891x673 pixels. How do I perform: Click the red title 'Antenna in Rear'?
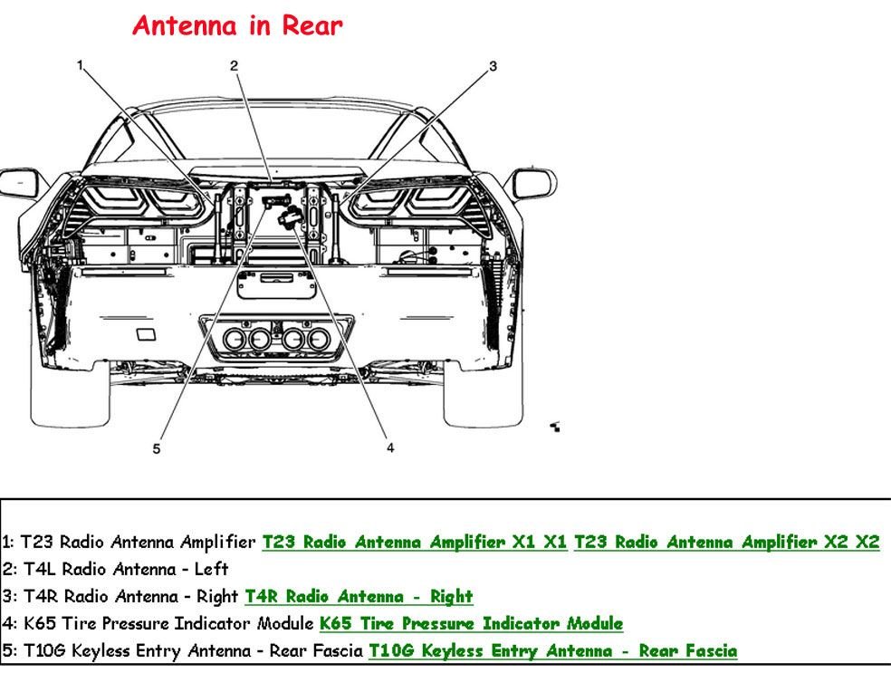click(x=237, y=26)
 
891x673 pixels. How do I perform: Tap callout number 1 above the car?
click(x=81, y=65)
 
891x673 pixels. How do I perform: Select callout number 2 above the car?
click(x=234, y=65)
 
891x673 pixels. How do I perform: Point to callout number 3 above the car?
click(x=493, y=65)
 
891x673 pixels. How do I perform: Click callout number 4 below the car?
click(x=390, y=447)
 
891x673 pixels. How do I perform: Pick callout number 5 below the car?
click(x=157, y=447)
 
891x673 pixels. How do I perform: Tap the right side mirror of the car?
click(x=532, y=182)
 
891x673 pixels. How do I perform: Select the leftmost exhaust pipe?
click(x=235, y=341)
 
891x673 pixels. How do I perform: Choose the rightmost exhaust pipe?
click(x=319, y=341)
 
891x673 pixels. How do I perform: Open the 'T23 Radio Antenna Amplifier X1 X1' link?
click(x=415, y=543)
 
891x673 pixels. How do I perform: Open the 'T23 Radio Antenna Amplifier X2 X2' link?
click(x=726, y=543)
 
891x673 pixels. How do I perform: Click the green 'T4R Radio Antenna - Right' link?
click(x=359, y=597)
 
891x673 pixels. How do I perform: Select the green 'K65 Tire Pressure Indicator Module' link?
click(x=471, y=624)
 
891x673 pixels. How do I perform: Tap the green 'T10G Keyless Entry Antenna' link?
click(x=552, y=651)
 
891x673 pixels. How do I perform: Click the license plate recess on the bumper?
click(x=276, y=284)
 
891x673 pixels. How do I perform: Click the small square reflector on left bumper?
click(x=145, y=335)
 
